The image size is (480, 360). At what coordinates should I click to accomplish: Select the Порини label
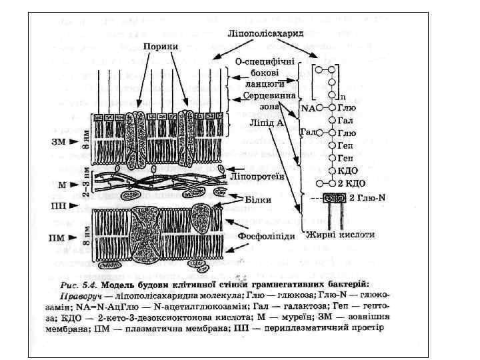tap(161, 46)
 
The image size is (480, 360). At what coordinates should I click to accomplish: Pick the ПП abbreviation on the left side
tap(57, 205)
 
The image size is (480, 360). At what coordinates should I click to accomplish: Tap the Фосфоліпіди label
tap(264, 236)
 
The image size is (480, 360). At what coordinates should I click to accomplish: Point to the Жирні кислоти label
tap(340, 235)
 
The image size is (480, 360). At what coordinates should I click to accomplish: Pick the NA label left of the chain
tap(308, 107)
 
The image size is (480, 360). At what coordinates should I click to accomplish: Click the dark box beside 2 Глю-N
tap(335, 199)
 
